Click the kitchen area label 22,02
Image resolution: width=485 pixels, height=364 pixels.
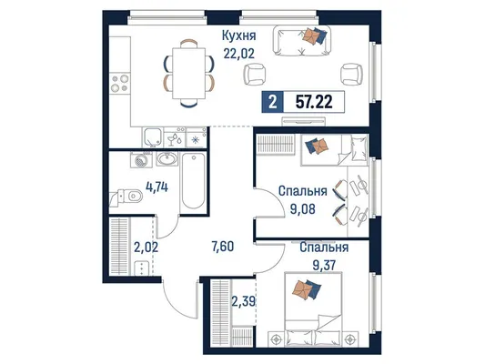(238, 54)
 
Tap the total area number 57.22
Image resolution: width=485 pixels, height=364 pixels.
(314, 102)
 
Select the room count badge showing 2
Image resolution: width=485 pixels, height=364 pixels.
(272, 102)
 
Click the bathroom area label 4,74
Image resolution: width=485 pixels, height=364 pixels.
(157, 187)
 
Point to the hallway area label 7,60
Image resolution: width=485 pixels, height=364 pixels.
(222, 247)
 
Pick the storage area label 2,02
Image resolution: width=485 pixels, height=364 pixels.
(146, 248)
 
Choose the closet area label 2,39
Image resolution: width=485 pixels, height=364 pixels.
(244, 301)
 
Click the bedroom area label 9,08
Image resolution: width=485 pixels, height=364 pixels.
(302, 209)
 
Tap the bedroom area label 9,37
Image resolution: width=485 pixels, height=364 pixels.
(324, 265)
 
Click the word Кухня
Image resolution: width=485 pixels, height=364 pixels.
(239, 35)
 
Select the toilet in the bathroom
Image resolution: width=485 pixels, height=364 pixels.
(126, 197)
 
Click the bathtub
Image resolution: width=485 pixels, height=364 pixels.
(193, 181)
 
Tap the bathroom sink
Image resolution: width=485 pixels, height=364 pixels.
(167, 159)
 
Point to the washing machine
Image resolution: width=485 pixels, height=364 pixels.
(141, 159)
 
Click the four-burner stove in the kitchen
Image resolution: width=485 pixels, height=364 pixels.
(120, 83)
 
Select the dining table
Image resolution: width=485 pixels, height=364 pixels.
(188, 74)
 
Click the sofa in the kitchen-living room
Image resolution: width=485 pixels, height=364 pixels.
(301, 41)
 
